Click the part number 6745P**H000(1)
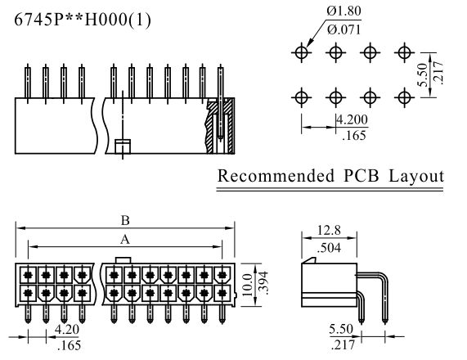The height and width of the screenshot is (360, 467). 83,20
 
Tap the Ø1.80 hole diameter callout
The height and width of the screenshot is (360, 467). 344,11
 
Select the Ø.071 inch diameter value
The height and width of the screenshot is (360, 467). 344,29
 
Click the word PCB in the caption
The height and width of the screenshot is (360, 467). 361,176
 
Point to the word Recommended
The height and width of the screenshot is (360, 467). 276,176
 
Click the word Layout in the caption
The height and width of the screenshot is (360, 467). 416,176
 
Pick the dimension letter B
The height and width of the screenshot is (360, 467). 125,221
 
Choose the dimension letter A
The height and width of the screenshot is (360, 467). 125,239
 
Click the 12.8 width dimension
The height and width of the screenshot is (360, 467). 329,230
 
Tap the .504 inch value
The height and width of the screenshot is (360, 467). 329,248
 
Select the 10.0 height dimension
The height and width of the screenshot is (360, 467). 247,285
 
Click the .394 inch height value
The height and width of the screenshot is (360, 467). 263,283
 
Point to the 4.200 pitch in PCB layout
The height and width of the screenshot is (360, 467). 352,119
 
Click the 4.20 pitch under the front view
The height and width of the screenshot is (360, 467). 67,330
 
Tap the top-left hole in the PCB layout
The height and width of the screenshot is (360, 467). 302,52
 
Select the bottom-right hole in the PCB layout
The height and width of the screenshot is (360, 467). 404,97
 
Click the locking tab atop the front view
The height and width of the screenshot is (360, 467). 123,260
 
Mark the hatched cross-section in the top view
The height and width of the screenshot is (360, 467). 220,125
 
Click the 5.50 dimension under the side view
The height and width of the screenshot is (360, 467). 341,329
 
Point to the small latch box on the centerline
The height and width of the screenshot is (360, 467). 123,146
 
